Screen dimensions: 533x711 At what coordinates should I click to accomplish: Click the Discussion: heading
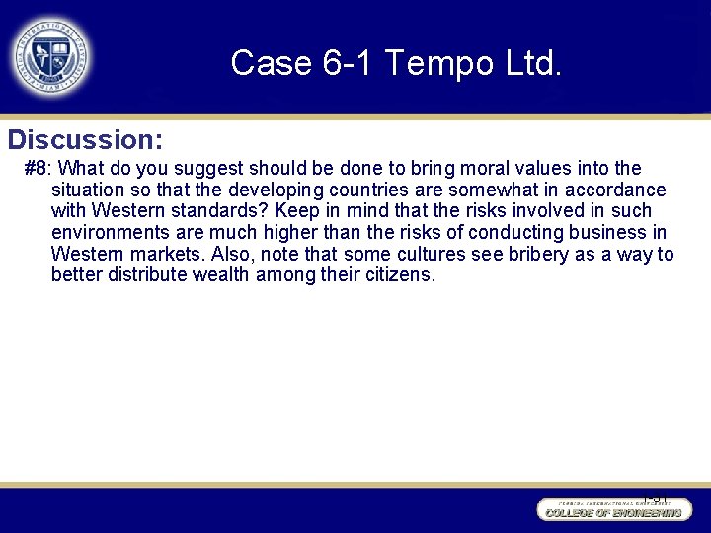click(85, 138)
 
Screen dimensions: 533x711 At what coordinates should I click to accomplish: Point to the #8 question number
click(36, 168)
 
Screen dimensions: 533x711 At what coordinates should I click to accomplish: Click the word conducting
click(513, 232)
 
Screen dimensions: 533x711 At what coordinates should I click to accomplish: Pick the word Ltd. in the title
click(529, 63)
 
